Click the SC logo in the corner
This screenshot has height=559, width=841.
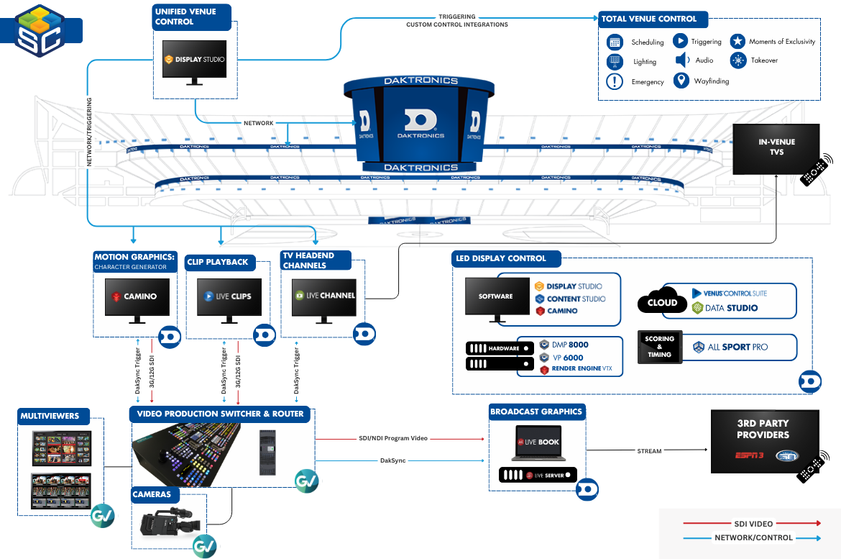coord(40,29)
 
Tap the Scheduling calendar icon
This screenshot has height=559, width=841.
coord(614,42)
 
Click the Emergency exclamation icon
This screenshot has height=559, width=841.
coord(615,81)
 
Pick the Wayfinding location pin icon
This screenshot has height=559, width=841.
coord(681,81)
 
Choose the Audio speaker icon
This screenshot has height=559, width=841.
coord(682,60)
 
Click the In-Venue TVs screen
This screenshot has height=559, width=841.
coord(776,147)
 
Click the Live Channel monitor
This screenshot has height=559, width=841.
coord(323,296)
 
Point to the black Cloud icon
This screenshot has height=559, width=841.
coord(661,302)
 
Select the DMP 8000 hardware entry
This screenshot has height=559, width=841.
coord(569,345)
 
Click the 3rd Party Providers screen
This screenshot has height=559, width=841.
coord(764,440)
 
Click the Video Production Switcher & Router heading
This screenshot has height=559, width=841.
coord(221,414)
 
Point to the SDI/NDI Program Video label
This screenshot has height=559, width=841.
coord(392,437)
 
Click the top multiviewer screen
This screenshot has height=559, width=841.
coord(61,448)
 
